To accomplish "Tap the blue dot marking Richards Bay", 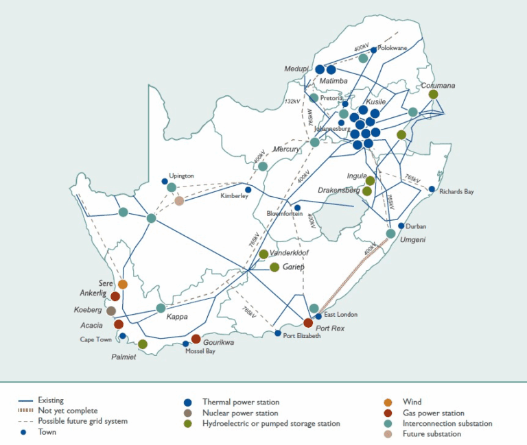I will (x=432, y=189).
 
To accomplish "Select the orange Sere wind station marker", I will (x=123, y=284).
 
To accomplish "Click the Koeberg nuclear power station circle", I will (x=111, y=311).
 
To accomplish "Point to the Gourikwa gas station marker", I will (x=196, y=339).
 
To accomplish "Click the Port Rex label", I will (x=330, y=329).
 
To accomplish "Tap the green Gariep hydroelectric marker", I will (x=274, y=267).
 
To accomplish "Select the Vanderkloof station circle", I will (x=263, y=254).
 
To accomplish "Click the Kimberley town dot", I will (x=248, y=190).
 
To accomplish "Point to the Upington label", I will (x=182, y=176).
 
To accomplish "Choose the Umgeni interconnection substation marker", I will (x=390, y=233).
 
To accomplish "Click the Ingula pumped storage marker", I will (x=370, y=180).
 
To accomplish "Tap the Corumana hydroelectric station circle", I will (x=433, y=95).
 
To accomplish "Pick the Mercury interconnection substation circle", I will (x=263, y=166).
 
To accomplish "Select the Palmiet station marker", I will (x=143, y=344).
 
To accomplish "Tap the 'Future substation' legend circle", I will (x=388, y=435).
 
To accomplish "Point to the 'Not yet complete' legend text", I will (x=68, y=411).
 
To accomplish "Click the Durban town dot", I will (x=401, y=226).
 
